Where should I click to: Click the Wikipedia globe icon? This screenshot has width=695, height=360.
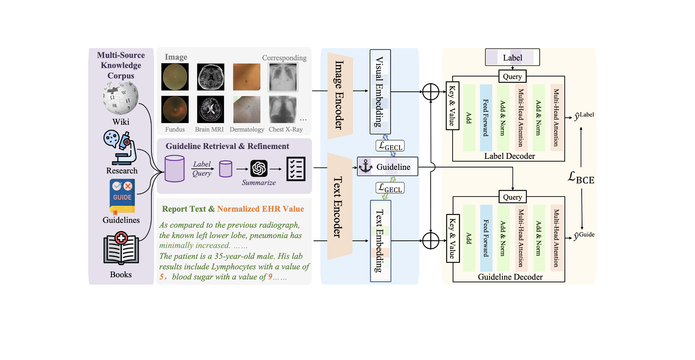(121, 98)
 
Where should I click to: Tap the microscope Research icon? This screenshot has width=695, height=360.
(121, 147)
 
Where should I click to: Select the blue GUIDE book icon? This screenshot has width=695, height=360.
(122, 196)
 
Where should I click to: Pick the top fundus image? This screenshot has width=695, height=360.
(175, 77)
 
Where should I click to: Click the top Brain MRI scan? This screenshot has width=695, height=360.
(211, 77)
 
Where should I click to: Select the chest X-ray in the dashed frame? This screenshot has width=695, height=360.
(283, 77)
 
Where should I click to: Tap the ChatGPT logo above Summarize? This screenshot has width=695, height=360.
(259, 169)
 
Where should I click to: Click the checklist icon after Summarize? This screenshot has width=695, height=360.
(296, 169)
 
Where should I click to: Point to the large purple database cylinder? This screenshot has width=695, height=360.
(175, 169)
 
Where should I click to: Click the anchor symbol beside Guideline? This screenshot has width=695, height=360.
(366, 166)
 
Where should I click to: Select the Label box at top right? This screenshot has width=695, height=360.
(512, 58)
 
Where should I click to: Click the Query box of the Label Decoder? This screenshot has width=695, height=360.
(512, 76)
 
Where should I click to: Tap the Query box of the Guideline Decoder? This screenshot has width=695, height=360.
(512, 197)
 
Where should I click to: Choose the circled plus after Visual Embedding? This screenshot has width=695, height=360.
(431, 92)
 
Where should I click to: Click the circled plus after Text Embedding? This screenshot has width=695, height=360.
(431, 241)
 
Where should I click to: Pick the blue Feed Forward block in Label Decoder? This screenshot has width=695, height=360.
(486, 118)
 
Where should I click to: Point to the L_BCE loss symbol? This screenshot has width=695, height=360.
(581, 178)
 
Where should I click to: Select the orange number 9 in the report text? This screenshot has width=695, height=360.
(270, 277)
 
